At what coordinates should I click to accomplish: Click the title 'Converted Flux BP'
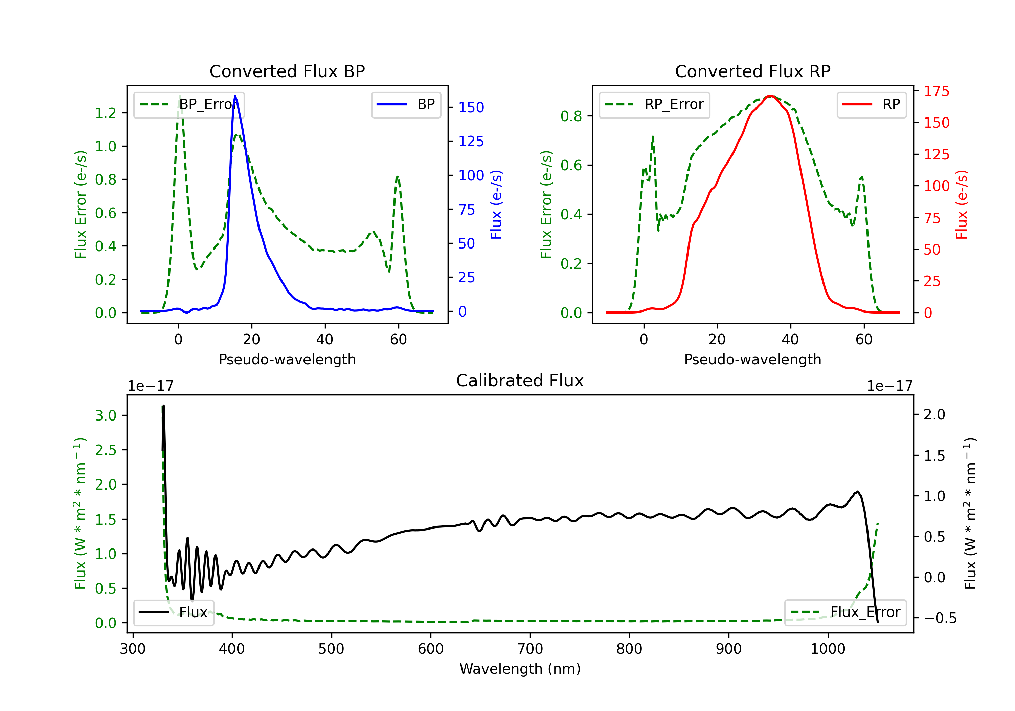[287, 71]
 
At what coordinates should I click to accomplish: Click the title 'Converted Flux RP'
[753, 71]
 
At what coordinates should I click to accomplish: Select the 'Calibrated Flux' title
[520, 381]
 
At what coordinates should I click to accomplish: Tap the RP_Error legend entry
[654, 104]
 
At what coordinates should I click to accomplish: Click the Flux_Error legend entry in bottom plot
[845, 612]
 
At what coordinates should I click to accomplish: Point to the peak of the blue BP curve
[235, 96]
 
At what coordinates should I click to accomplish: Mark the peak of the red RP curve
[770, 96]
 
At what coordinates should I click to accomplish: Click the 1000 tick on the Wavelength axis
[828, 649]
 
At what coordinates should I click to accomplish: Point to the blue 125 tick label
[471, 142]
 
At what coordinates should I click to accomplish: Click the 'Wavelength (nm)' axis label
[520, 669]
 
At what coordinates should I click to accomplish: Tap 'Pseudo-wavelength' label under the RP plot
[753, 359]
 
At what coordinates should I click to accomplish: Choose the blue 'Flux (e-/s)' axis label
[496, 205]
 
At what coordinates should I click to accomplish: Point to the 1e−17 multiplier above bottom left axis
[150, 386]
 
